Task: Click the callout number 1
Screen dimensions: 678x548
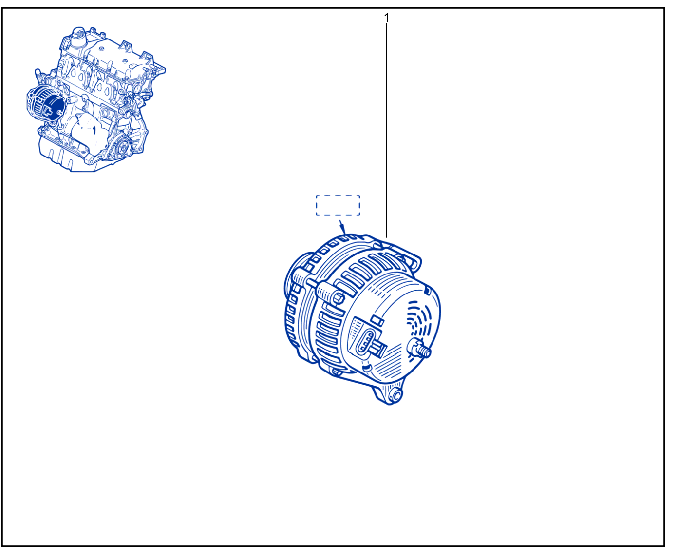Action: tap(386, 18)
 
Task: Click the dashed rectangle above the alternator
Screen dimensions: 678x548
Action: tap(338, 196)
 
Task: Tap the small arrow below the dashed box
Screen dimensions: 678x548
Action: tap(342, 227)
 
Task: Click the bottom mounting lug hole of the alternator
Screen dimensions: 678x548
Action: tap(397, 396)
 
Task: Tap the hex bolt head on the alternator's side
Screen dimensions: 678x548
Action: tap(338, 299)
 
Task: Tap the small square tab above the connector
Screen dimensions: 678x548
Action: tap(377, 320)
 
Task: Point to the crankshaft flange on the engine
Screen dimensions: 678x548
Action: tap(123, 145)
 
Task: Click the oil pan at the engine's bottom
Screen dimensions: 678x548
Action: tap(67, 157)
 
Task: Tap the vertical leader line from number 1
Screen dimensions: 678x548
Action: tap(386, 131)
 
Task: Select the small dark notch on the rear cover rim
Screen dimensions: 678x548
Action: tap(428, 291)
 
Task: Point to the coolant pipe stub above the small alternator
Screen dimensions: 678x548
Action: tap(38, 75)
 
